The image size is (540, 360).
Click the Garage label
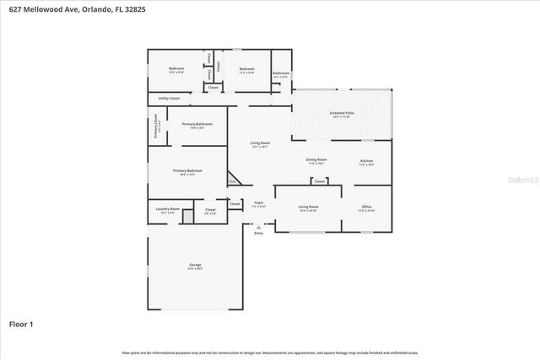[195, 266]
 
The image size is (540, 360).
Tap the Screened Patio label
[341, 113]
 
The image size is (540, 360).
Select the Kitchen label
[366, 161]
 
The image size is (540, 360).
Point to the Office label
[366, 207]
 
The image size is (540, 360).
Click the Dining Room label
[316, 159]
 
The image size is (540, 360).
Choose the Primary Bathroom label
[197, 124]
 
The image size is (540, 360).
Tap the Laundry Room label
[168, 209]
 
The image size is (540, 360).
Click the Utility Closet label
[169, 99]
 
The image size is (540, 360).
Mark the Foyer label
[259, 203]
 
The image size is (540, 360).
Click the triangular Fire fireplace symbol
[234, 181]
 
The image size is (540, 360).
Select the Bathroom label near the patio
[281, 73]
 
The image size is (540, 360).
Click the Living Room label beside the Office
[308, 207]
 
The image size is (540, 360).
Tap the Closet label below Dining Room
[319, 181]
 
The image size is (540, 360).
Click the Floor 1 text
[21, 323]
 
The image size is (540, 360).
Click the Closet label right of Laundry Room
[210, 209]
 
